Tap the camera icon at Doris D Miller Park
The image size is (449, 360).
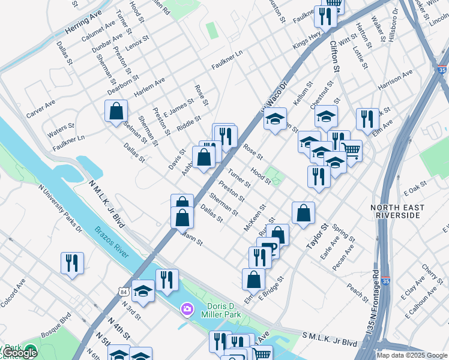point(187,308)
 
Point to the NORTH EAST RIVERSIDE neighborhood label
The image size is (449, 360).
point(397,212)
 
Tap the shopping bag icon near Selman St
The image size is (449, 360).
point(116,112)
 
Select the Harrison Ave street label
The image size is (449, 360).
point(395,81)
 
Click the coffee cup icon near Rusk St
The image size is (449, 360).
point(268,248)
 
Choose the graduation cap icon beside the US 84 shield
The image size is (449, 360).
point(143,292)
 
